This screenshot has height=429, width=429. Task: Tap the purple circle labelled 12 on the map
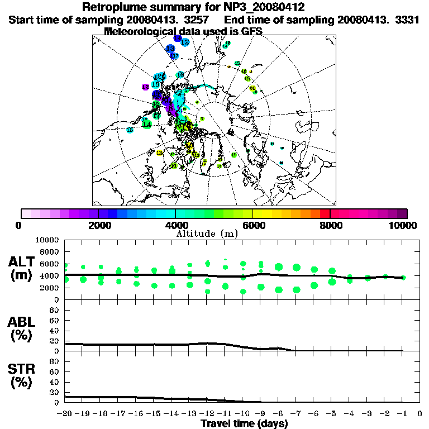pyautogui.click(x=145, y=87)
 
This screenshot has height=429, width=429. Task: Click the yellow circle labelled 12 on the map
pyautogui.click(x=159, y=152)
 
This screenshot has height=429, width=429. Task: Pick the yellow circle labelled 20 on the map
pyautogui.click(x=252, y=88)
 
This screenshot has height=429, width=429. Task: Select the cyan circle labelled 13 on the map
pyautogui.click(x=130, y=130)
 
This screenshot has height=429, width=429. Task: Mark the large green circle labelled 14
pyautogui.click(x=147, y=124)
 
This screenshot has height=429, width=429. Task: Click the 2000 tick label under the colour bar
pyautogui.click(x=98, y=226)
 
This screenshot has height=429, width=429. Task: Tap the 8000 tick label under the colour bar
pyautogui.click(x=330, y=226)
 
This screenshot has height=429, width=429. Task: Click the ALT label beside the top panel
pyautogui.click(x=22, y=261)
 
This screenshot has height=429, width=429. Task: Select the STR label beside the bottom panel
pyautogui.click(x=22, y=369)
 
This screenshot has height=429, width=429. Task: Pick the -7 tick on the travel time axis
pyautogui.click(x=295, y=414)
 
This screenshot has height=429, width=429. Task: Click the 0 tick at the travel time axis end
pyautogui.click(x=420, y=414)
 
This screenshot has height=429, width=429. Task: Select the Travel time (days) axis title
pyautogui.click(x=244, y=424)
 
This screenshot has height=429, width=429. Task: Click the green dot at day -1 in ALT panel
pyautogui.click(x=403, y=277)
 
